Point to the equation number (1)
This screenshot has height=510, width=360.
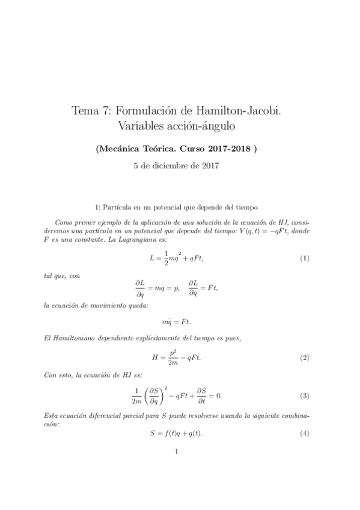tap(305, 242)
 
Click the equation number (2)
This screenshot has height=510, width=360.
tap(305, 357)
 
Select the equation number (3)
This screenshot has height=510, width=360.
tap(305, 396)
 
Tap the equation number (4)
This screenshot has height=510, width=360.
tap(305, 433)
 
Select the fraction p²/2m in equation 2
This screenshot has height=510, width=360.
tap(172, 357)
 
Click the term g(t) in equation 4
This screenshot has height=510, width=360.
tap(194, 433)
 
